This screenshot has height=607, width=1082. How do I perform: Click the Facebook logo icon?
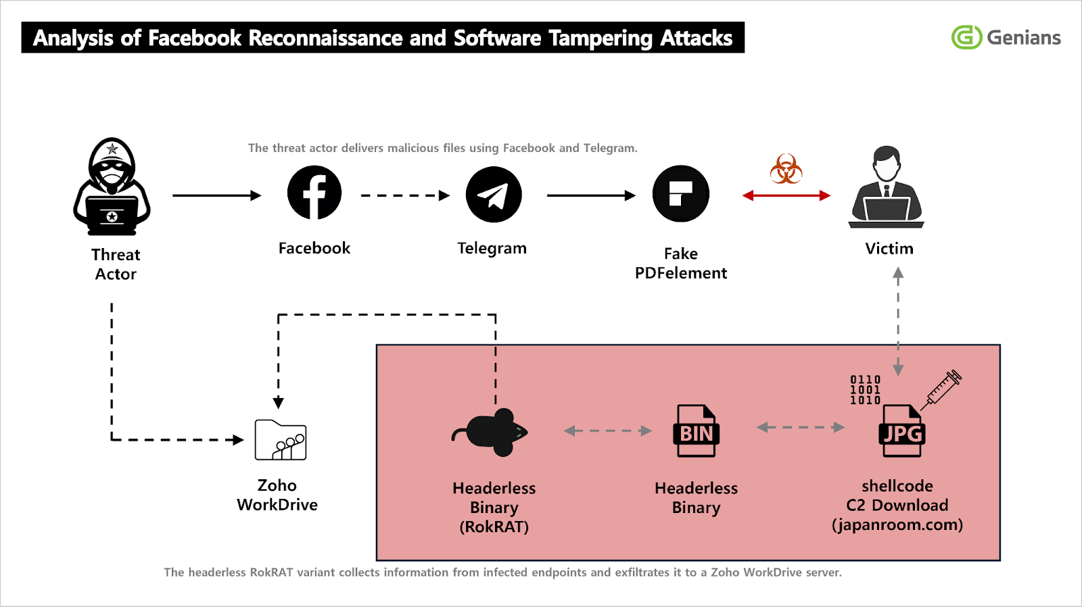point(314,193)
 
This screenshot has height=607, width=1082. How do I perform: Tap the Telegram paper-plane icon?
point(494,195)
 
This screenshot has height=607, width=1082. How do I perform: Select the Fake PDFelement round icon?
point(680,194)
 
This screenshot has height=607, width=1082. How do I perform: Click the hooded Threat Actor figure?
point(112,187)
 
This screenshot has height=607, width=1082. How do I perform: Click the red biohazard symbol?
point(786,169)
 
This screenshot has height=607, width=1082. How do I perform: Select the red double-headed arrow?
point(786,195)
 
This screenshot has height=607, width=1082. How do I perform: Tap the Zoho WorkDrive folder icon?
point(281,440)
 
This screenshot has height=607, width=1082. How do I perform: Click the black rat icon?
point(492,433)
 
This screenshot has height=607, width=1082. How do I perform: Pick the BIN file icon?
point(696,431)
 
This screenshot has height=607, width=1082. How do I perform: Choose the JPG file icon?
point(901,431)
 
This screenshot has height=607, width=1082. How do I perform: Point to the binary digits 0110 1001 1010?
point(865,390)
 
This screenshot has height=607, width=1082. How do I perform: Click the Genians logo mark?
point(966,37)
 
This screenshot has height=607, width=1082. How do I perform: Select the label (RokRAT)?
point(494,527)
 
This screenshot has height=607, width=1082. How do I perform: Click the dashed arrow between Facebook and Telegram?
point(404,195)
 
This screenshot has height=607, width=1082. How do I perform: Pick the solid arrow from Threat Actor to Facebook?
point(216,195)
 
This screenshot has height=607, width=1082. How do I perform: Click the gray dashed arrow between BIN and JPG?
point(801,427)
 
